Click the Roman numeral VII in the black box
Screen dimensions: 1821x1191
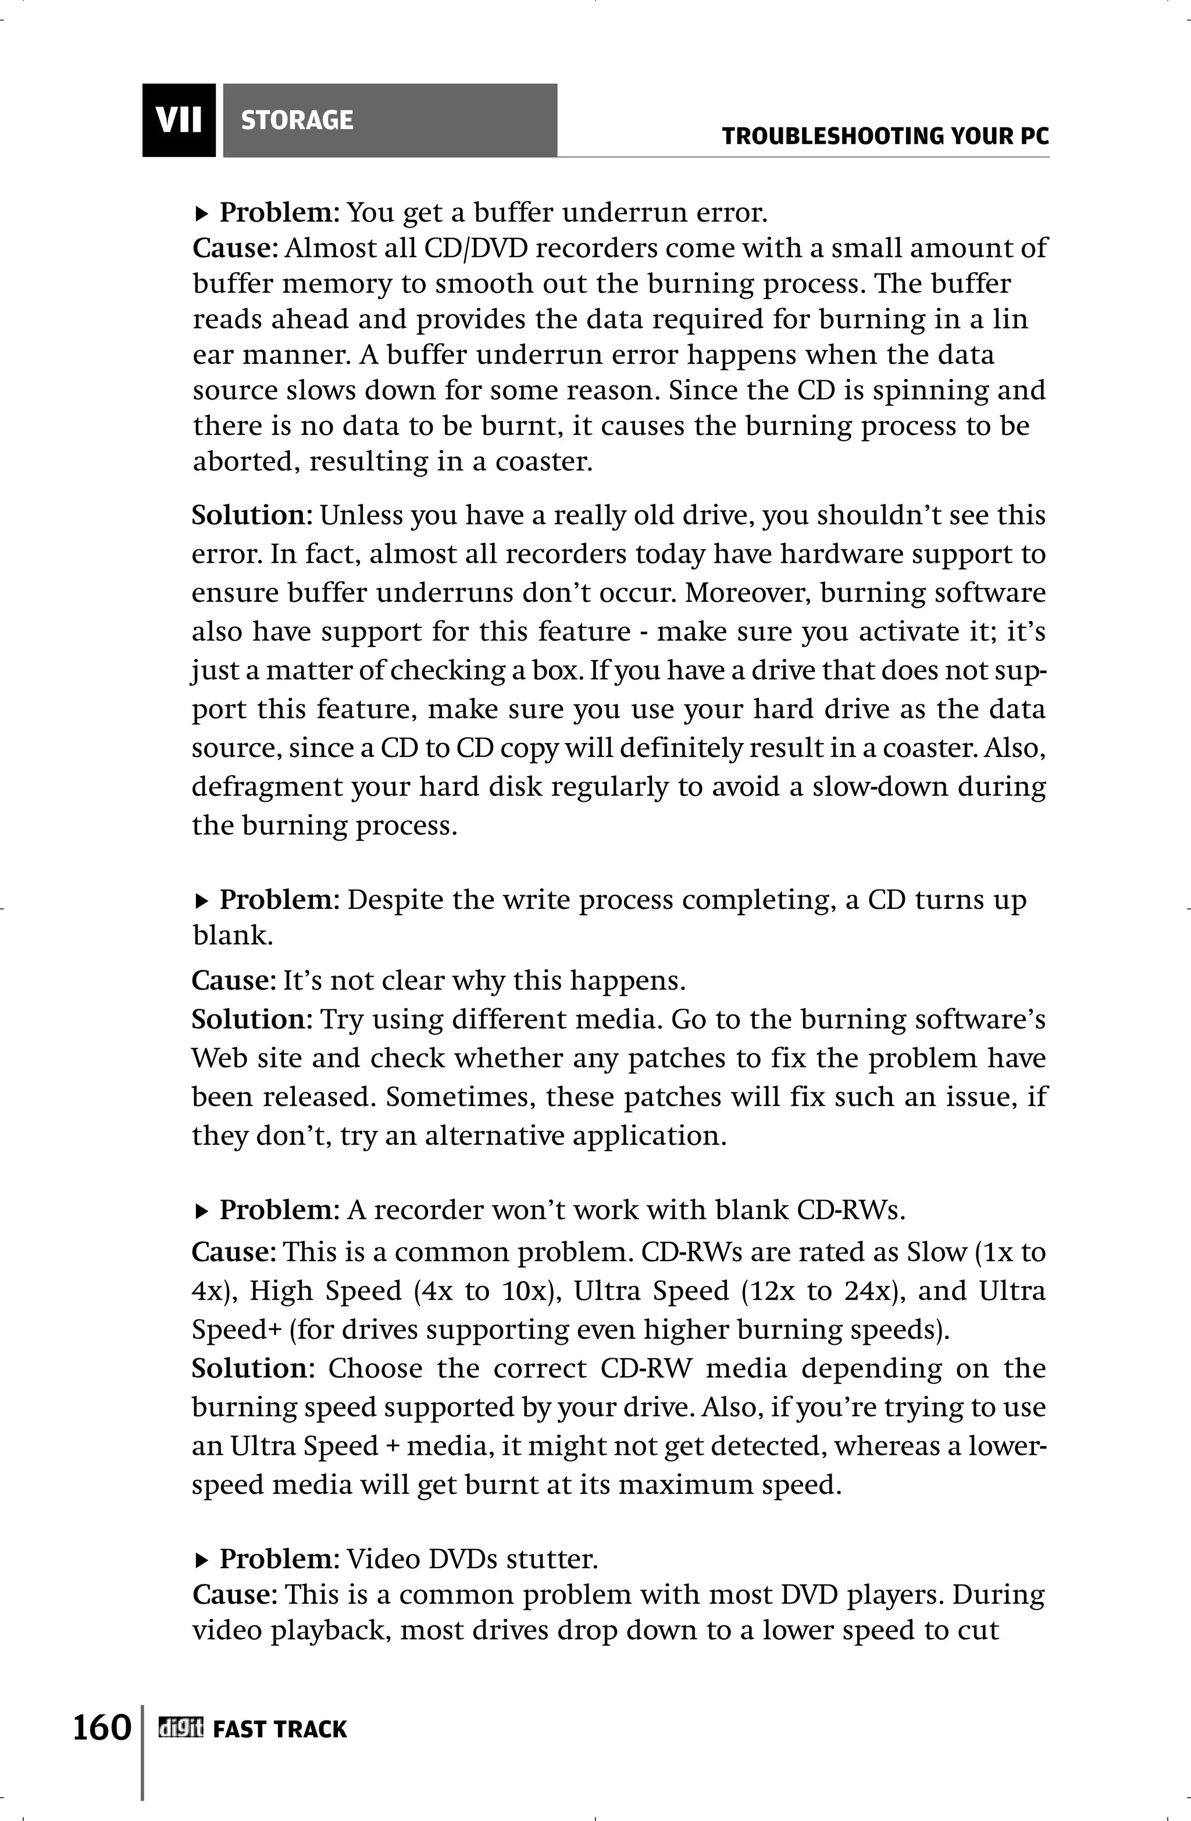coord(179,120)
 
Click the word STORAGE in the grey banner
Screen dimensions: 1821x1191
coord(297,120)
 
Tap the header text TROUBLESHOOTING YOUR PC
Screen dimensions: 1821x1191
coord(885,137)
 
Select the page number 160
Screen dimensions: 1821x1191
coord(102,1727)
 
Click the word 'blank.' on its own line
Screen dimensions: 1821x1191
coord(233,935)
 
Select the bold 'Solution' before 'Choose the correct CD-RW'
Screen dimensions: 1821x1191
coord(249,1368)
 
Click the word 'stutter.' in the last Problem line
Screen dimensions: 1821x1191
coord(559,1559)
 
